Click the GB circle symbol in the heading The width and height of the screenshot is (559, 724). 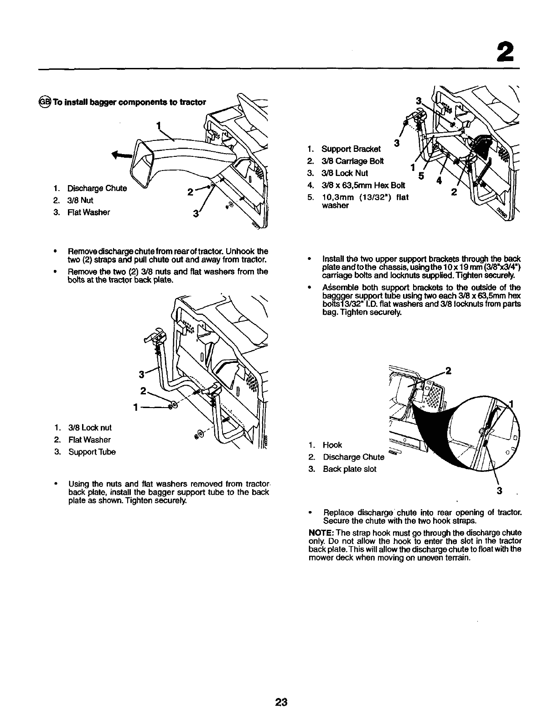(x=45, y=101)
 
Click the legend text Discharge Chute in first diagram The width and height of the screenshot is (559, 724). (x=96, y=188)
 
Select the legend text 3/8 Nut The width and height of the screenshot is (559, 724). (x=80, y=200)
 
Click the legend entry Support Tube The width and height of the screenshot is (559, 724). (x=92, y=452)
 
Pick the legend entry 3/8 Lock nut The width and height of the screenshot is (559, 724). (x=89, y=428)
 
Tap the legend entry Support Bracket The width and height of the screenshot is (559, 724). (x=351, y=149)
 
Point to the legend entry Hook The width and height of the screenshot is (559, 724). (x=332, y=445)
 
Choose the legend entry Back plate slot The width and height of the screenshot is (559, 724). (x=349, y=469)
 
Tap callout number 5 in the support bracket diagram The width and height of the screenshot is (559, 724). (x=421, y=176)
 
